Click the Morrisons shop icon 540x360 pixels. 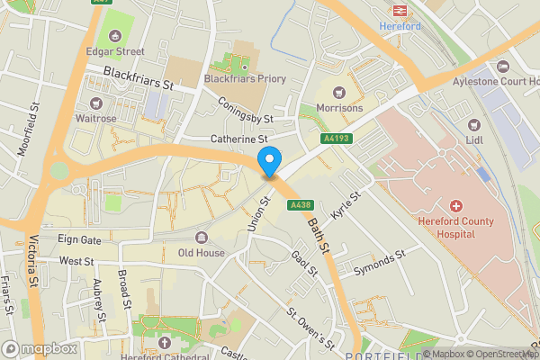[339, 92]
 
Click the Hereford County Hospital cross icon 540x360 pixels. [457, 206]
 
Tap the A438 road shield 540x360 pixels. [301, 206]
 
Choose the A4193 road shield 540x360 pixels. [336, 138]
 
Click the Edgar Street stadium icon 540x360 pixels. [115, 36]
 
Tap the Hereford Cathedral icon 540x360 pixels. [164, 342]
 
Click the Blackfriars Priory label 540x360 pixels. [245, 79]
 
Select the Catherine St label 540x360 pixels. [239, 139]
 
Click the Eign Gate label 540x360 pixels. [79, 240]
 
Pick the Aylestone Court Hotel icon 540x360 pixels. [502, 67]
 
